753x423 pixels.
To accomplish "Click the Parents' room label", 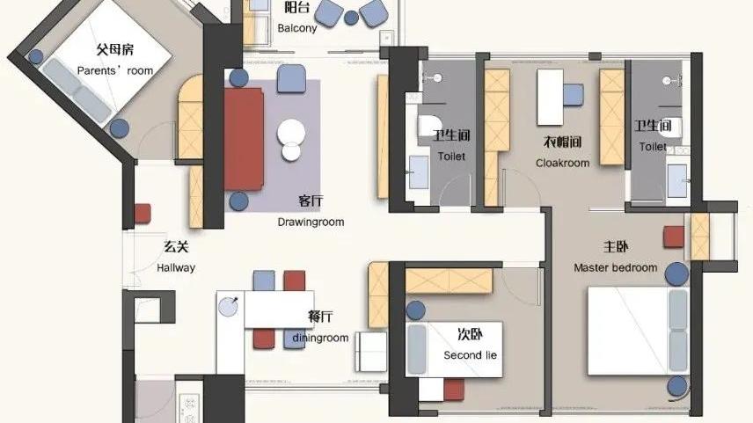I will (114, 70).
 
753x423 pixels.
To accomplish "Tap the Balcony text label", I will (297, 28).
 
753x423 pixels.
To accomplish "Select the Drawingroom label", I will (311, 222).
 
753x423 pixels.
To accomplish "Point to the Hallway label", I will (176, 268).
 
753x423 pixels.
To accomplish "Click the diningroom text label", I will (320, 338).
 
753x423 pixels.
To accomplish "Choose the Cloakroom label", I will (562, 163).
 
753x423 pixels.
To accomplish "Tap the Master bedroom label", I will (615, 267).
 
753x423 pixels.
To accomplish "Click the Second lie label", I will (470, 355).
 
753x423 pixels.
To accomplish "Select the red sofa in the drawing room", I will (244, 138).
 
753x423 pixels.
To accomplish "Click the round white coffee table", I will (290, 135).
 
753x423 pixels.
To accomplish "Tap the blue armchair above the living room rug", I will (291, 79).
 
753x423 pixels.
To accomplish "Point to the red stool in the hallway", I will (143, 214).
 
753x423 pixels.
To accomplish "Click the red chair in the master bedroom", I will (674, 237).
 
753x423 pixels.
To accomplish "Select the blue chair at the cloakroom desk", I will (574, 94).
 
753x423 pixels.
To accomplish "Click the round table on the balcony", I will (351, 17).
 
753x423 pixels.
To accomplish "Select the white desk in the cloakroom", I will (550, 97).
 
